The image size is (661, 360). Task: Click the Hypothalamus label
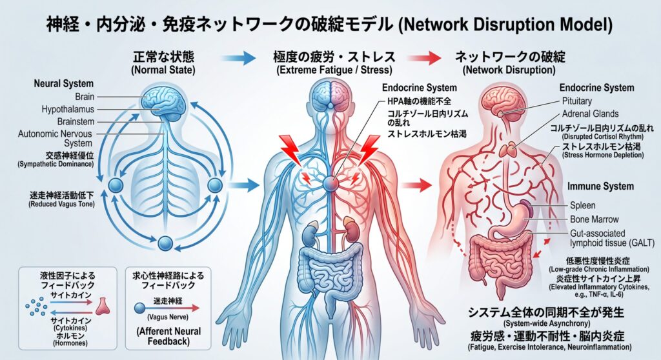(x=68, y=109)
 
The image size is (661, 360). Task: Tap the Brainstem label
(x=76, y=121)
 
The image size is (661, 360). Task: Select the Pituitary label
(x=576, y=101)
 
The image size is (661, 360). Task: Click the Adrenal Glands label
(x=590, y=114)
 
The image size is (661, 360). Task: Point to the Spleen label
(x=583, y=205)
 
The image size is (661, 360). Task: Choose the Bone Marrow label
(x=595, y=219)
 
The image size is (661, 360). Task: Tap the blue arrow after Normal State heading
(x=239, y=58)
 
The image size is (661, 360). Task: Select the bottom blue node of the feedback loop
(x=165, y=243)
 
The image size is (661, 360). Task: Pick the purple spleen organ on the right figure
(x=525, y=208)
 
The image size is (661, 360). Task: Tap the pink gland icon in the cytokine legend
(x=103, y=306)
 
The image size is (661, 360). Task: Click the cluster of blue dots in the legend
(x=36, y=306)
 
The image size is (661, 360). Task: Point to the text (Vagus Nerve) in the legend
(x=167, y=317)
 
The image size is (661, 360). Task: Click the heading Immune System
(x=600, y=186)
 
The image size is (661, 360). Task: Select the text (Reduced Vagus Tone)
(x=61, y=204)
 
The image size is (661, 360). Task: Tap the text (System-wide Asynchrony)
(x=546, y=323)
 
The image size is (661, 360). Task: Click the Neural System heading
(x=64, y=83)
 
